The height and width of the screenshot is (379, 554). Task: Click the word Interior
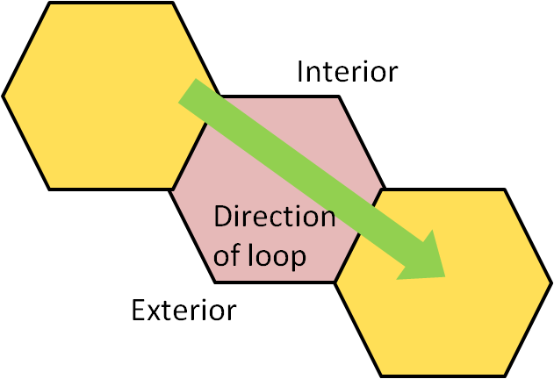347,71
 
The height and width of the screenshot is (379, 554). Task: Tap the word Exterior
183,310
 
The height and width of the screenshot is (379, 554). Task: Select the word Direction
274,216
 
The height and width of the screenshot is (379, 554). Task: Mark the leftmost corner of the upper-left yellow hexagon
4,96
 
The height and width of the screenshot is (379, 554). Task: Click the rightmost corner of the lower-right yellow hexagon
550,282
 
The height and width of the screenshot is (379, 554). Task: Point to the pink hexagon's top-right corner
338,97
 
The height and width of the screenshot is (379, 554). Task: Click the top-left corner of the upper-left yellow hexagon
50,4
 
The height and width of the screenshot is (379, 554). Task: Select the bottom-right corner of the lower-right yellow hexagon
506,375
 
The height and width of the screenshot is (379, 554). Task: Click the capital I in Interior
301,71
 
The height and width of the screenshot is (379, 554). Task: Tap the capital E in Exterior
139,310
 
